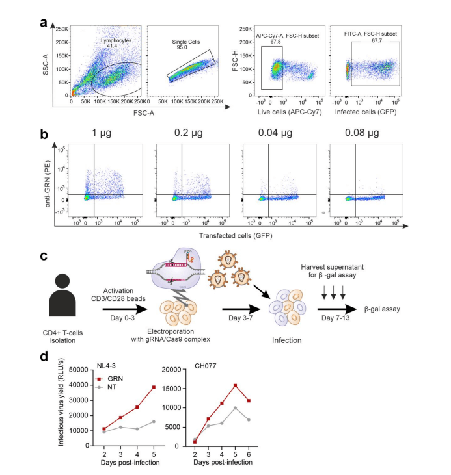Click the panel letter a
[44, 23]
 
